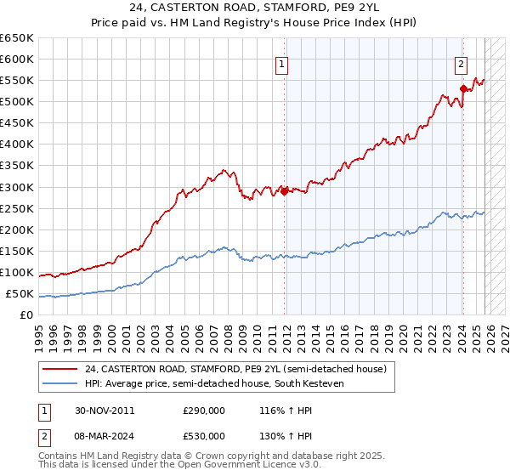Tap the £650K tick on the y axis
pos(17,38)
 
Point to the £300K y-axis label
pos(17,187)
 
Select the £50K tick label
pos(20,294)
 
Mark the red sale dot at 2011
pos(285,190)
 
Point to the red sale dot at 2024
pos(463,88)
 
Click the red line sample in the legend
pos(60,369)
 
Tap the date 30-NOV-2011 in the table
pos(105,410)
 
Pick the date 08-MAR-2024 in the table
pos(105,438)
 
